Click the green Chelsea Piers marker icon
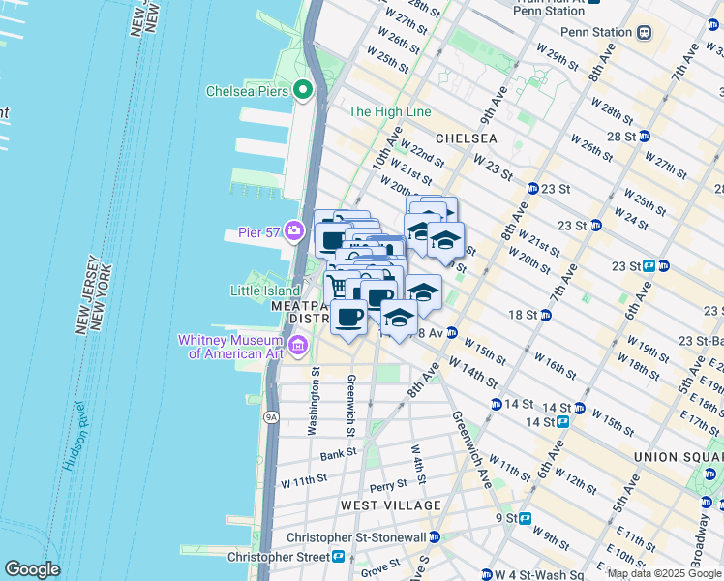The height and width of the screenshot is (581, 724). click(303, 91)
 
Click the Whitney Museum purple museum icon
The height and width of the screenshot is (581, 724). click(298, 346)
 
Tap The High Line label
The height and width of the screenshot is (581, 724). click(389, 112)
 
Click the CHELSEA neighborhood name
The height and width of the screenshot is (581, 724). click(466, 138)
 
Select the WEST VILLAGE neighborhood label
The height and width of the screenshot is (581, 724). click(390, 505)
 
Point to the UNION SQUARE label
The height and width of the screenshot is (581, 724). click(678, 457)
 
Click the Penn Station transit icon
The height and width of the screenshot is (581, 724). click(645, 32)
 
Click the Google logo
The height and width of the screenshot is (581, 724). click(32, 569)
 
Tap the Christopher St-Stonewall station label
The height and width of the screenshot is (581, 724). click(356, 537)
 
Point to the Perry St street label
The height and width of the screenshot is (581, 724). click(387, 485)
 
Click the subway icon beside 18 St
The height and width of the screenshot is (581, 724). click(546, 315)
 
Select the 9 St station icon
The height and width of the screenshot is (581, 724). click(526, 518)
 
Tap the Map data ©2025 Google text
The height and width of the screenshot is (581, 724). click(663, 573)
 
